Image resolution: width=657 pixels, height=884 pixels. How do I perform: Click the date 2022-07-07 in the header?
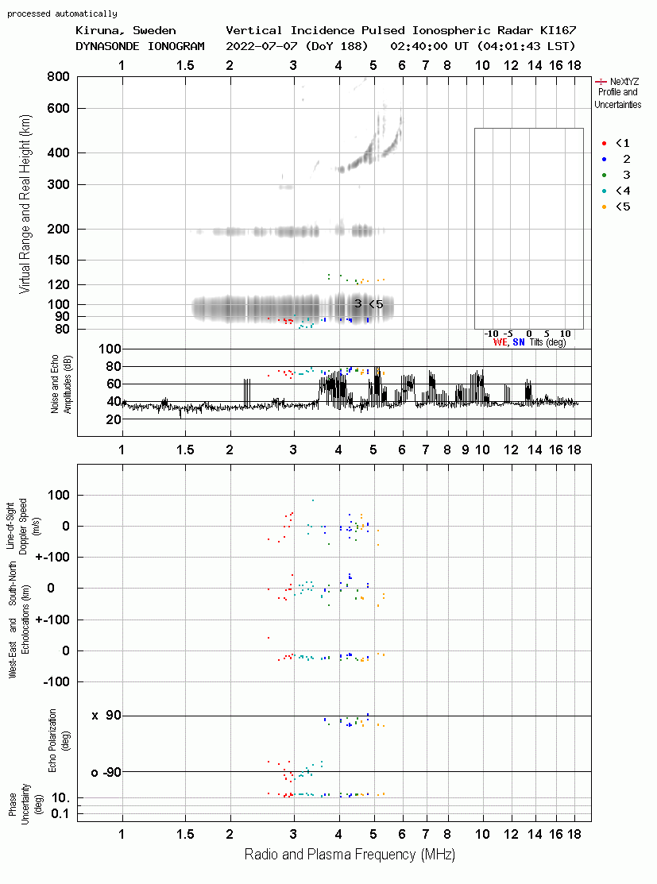[x=261, y=46]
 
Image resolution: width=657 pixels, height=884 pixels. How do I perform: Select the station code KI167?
[x=558, y=30]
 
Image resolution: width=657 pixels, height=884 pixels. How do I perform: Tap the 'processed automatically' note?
[x=62, y=14]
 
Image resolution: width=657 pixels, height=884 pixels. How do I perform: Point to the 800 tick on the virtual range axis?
[x=58, y=77]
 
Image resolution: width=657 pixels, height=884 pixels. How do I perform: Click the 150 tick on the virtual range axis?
[x=58, y=261]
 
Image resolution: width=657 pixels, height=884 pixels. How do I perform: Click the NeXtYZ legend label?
[x=624, y=82]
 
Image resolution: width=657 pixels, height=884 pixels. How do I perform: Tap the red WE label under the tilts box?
[x=500, y=342]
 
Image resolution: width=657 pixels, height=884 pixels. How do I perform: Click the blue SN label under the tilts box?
[x=519, y=342]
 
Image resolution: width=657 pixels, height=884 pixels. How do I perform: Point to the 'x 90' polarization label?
[x=106, y=716]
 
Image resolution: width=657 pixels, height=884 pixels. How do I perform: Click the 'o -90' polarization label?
[x=106, y=772]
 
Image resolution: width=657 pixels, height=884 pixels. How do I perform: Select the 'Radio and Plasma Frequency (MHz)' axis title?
[x=350, y=855]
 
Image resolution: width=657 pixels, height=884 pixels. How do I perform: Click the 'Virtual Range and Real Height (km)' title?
[x=25, y=204]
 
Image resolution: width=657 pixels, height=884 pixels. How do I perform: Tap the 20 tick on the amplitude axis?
[x=114, y=419]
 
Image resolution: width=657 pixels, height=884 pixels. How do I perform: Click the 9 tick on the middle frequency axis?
[x=466, y=450]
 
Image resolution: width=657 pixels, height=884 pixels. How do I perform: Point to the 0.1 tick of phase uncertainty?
[x=60, y=813]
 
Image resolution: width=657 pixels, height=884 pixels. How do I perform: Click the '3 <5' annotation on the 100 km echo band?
[x=369, y=304]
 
